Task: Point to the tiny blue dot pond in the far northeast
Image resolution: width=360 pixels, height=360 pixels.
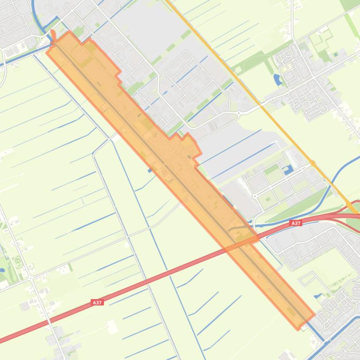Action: tap(336, 55)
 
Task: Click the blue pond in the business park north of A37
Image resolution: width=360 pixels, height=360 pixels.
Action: tap(288, 169)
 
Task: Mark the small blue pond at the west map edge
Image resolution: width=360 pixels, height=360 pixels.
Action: tap(2, 256)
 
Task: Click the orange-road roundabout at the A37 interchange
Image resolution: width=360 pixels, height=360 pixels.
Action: tap(351, 206)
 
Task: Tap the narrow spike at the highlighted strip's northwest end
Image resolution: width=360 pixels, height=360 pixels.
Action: tap(53, 33)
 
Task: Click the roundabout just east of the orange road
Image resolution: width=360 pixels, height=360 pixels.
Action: tap(312, 164)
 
